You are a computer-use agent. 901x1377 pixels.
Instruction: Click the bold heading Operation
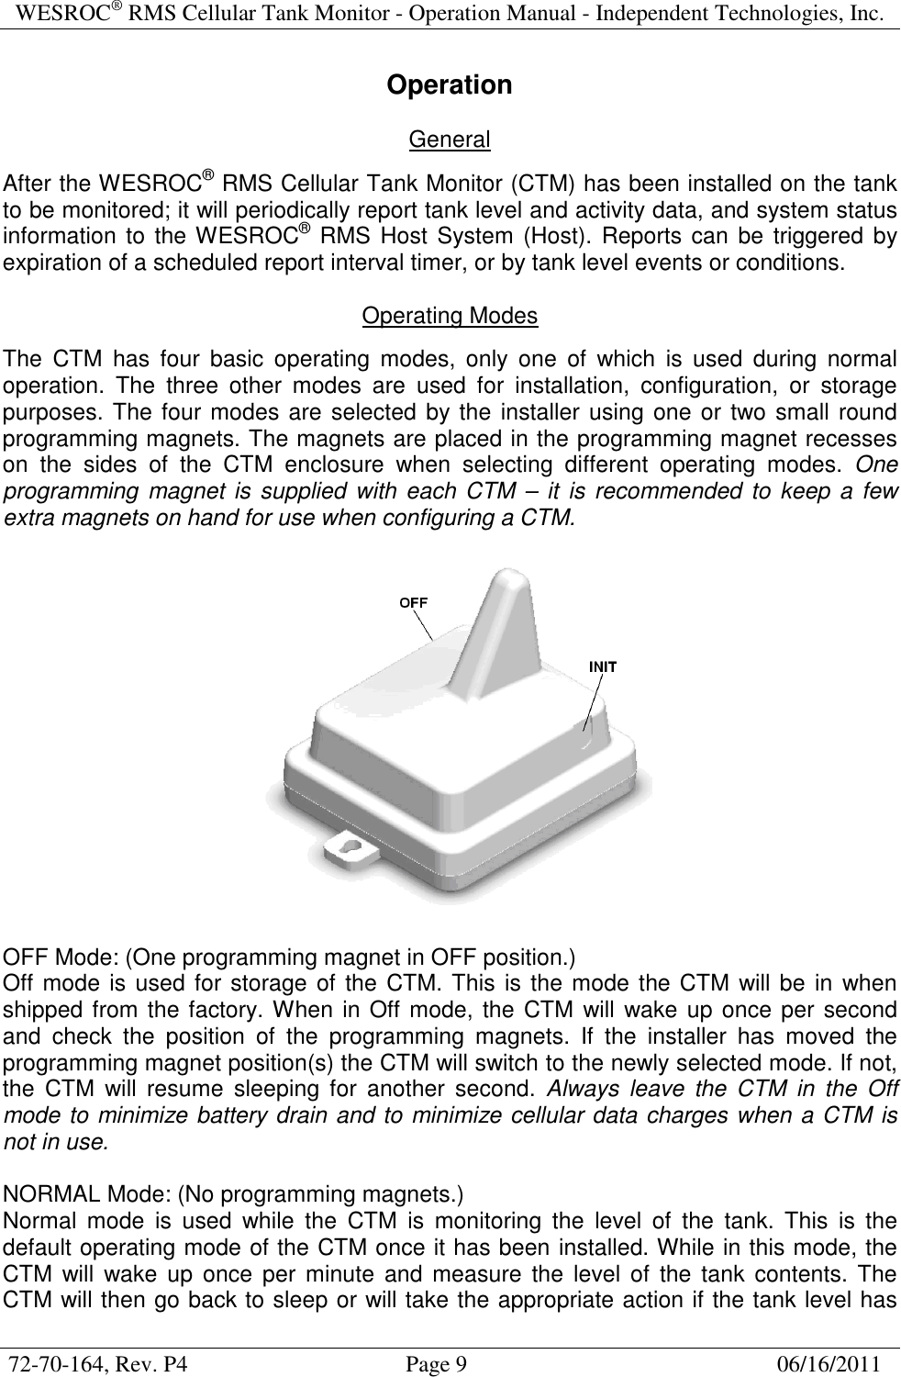click(x=450, y=85)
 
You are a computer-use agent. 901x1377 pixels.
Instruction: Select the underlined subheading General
click(x=450, y=140)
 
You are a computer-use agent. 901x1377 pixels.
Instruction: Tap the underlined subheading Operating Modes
click(x=450, y=317)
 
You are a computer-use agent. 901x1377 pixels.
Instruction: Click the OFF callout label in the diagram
click(x=413, y=601)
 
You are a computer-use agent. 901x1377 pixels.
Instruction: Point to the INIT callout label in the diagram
click(x=602, y=666)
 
